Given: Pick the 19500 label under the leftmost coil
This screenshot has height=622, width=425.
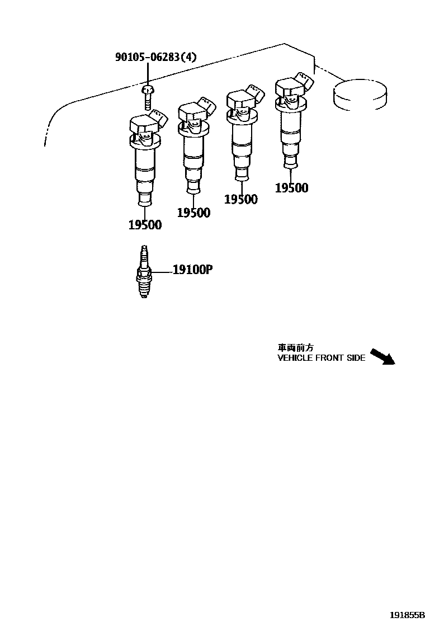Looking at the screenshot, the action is [x=145, y=225].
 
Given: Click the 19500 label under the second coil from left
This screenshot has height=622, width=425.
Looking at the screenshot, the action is [x=193, y=213].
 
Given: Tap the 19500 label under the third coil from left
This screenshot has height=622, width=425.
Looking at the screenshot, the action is [x=241, y=199].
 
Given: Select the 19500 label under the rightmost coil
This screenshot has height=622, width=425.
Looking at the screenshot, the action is [x=291, y=188].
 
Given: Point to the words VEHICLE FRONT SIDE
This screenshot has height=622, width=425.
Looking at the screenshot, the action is [x=321, y=358].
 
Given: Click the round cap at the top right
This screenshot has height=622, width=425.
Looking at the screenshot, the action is [x=360, y=93].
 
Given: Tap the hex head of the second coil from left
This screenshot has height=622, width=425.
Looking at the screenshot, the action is [x=189, y=112].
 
